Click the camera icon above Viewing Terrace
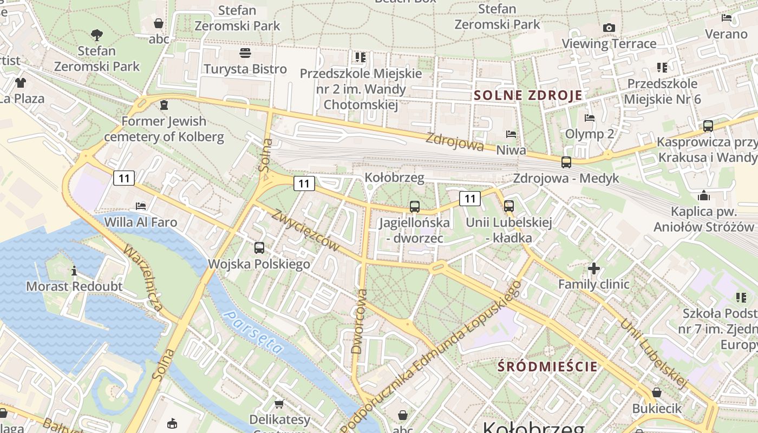609,28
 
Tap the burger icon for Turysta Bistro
245,53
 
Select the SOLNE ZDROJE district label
528,96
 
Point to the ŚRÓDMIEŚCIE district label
547,366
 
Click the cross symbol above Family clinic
594,268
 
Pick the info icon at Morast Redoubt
74,271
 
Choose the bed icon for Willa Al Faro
141,206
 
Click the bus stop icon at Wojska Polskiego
259,248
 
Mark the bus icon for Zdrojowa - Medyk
566,162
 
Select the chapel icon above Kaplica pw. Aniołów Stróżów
704,195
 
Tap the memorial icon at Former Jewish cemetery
164,104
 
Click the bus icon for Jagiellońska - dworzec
415,206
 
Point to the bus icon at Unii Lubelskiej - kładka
509,206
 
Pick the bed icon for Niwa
511,134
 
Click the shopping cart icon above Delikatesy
279,404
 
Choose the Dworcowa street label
360,322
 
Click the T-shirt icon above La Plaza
21,83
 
